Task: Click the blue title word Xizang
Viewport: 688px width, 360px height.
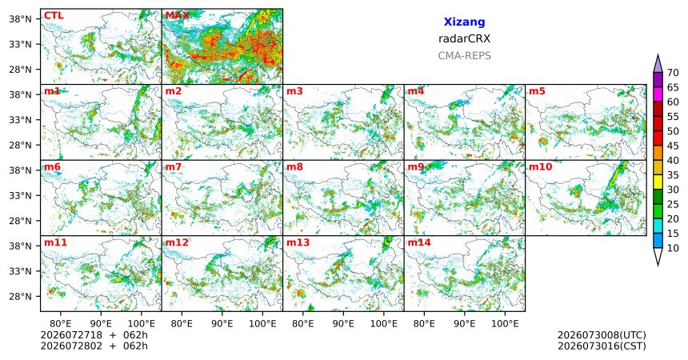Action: [464, 22]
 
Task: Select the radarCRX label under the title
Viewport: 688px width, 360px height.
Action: [464, 38]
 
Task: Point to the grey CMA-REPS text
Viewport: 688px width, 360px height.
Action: [464, 56]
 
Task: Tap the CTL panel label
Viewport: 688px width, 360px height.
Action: [54, 16]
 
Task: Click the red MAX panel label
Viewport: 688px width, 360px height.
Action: [177, 16]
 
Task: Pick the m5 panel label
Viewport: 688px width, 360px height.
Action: [537, 91]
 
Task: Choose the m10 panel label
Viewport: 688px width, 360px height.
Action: [540, 167]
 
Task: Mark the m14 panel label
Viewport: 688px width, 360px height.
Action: [419, 242]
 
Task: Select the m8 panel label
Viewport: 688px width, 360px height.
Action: [294, 167]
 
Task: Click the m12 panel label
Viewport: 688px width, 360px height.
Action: [176, 242]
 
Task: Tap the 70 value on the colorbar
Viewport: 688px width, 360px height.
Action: [673, 73]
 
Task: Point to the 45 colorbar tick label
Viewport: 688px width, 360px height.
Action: [673, 146]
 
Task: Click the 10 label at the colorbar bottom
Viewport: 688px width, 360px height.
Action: [673, 249]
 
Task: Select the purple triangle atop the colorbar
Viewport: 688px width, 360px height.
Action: [658, 64]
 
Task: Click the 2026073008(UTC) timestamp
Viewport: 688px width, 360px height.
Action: [602, 335]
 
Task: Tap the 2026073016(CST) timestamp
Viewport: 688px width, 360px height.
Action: [602, 346]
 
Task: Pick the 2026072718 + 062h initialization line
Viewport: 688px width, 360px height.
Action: [94, 335]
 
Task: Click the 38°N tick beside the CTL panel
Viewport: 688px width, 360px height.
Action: [20, 19]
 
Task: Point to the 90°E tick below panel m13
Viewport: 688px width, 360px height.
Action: [343, 324]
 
